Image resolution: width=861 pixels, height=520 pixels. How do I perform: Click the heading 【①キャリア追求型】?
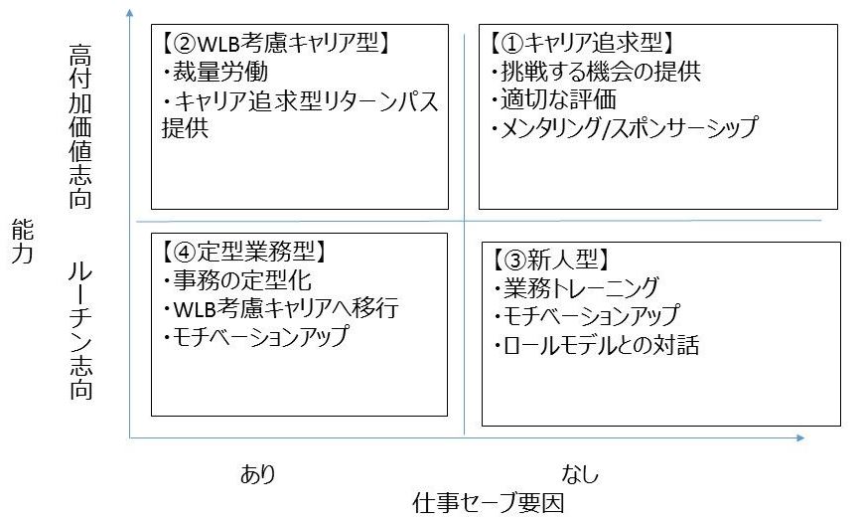click(x=582, y=45)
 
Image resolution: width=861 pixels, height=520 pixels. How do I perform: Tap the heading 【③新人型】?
click(x=548, y=260)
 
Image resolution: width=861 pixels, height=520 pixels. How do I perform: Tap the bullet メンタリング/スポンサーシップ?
click(x=625, y=127)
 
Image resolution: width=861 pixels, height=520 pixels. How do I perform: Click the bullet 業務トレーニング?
click(x=576, y=288)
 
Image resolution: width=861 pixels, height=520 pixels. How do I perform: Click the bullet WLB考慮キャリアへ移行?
click(x=279, y=308)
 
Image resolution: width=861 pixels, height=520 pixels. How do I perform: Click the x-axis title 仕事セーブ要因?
click(x=489, y=503)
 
